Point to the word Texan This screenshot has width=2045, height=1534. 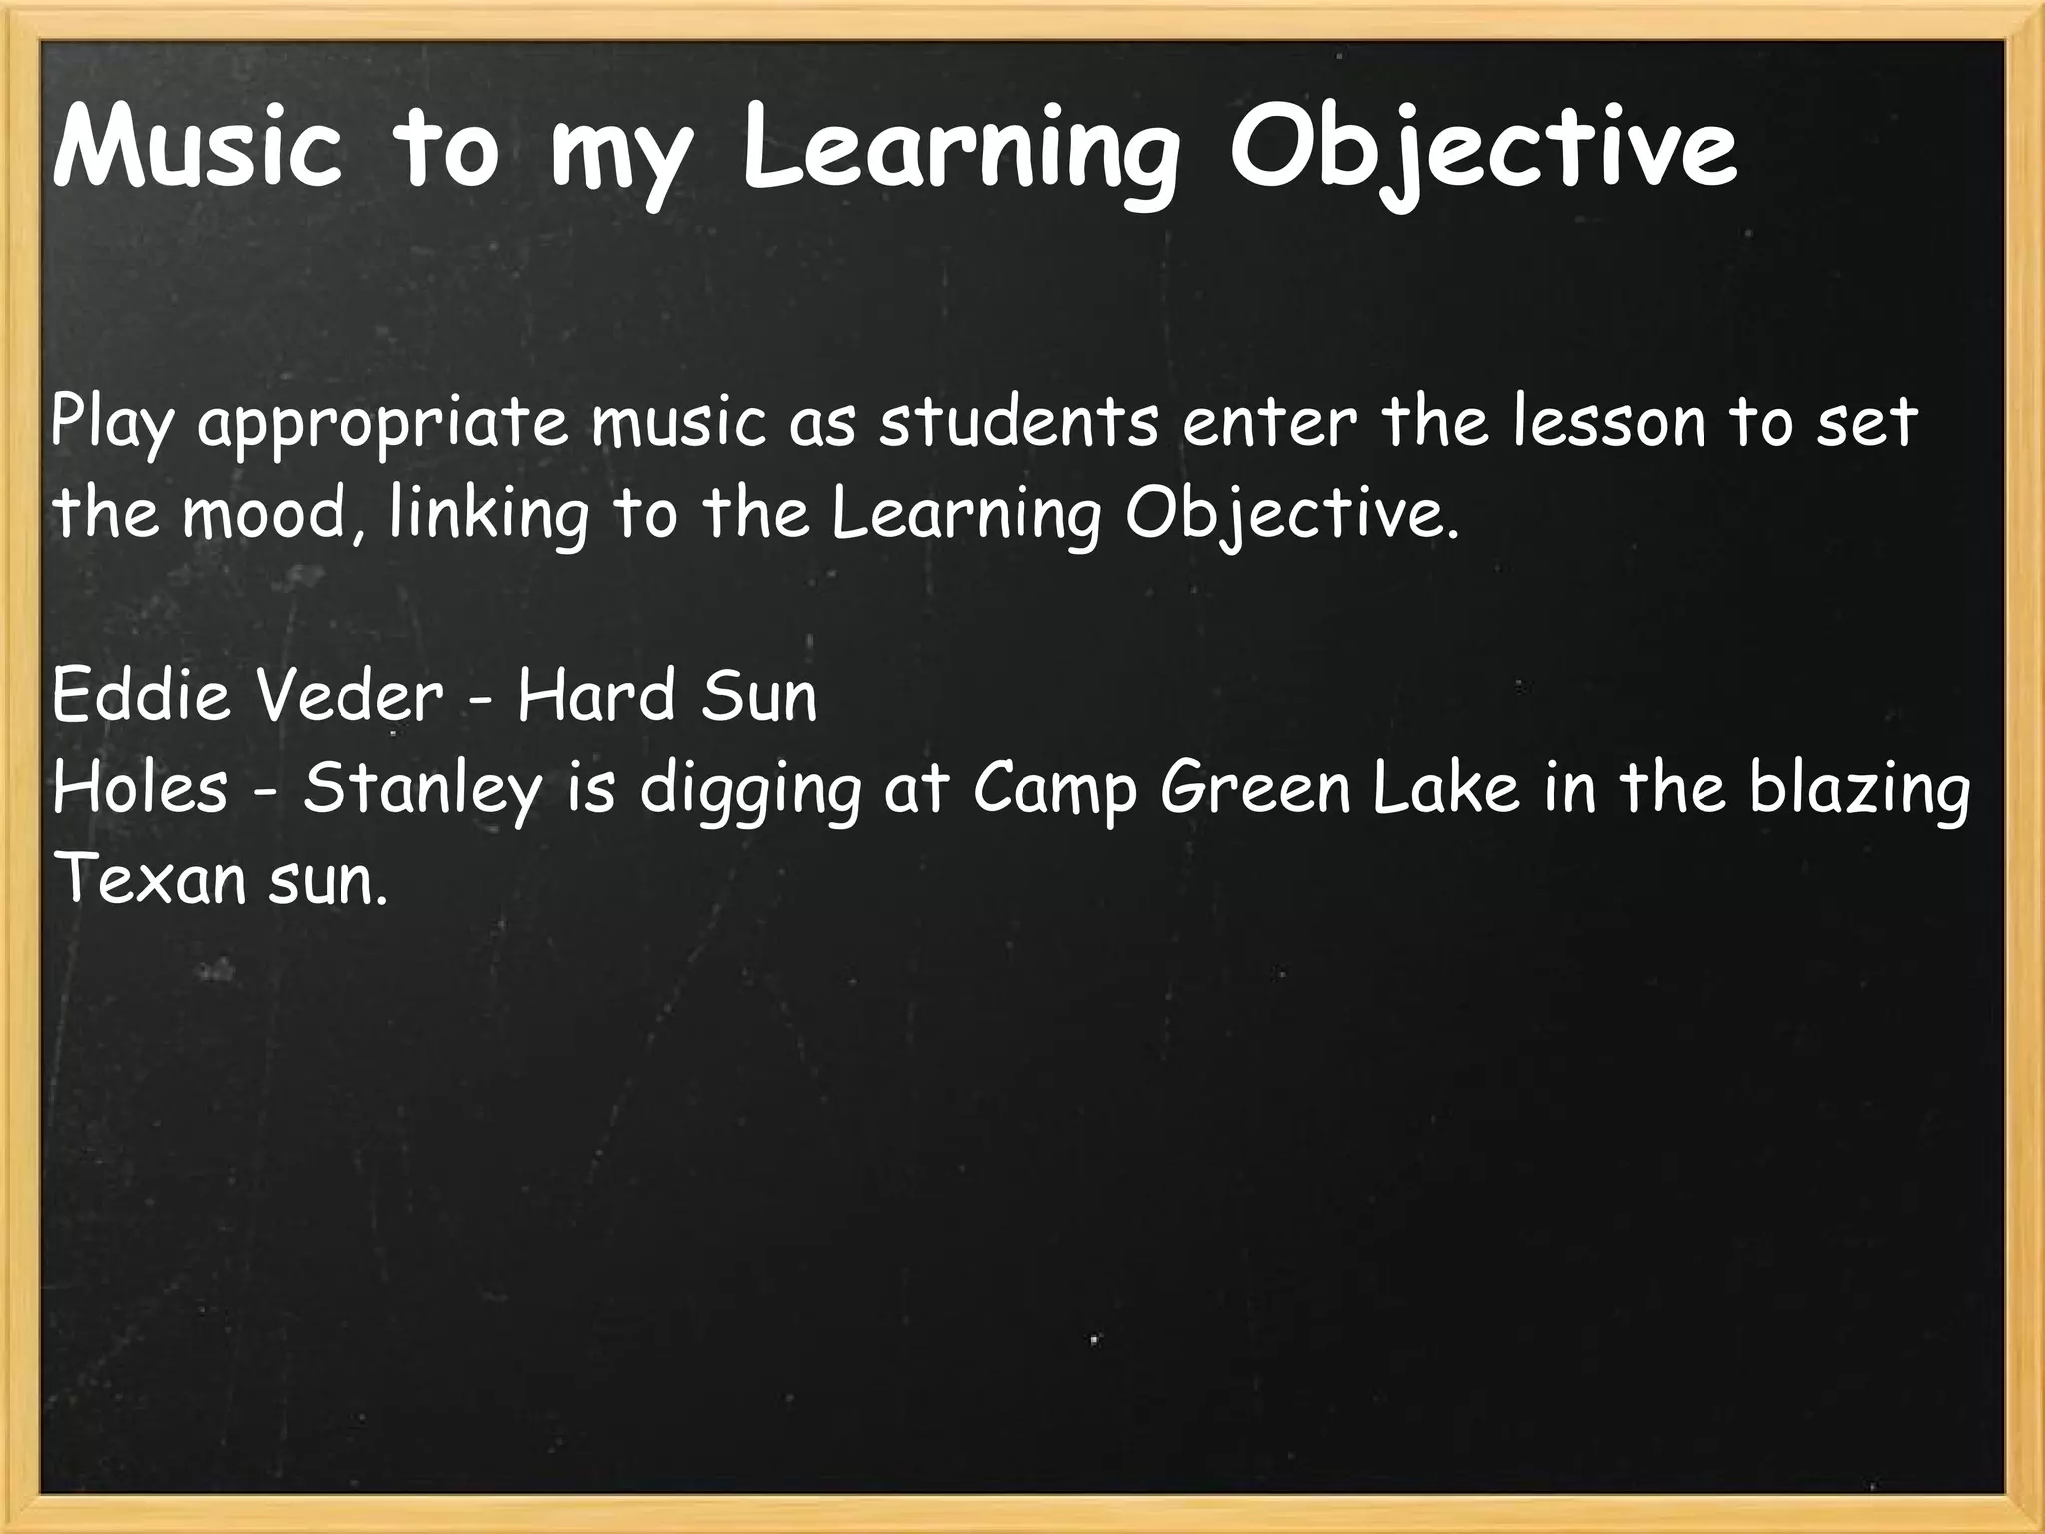click(x=149, y=879)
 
